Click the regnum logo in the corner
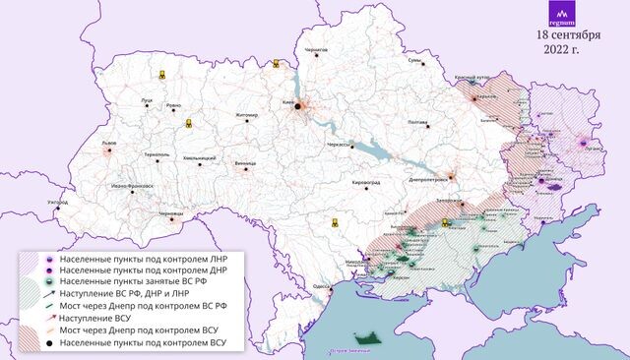(564, 15)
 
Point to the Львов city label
(109, 144)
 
